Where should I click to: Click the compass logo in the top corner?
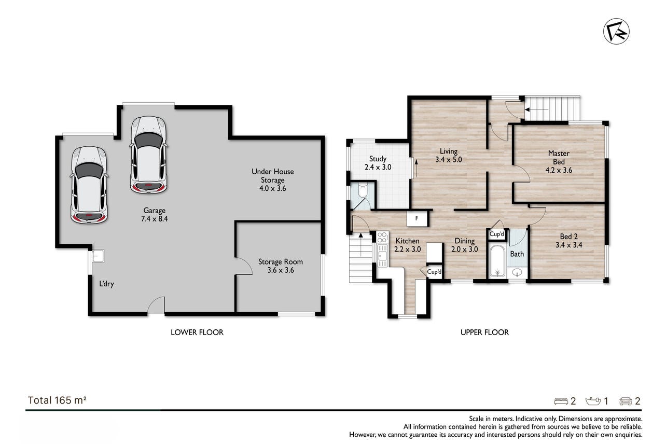tap(616, 31)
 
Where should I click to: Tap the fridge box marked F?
tap(417, 218)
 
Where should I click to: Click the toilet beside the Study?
tap(363, 190)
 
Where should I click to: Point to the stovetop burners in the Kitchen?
tap(382, 238)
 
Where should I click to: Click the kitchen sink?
tap(382, 256)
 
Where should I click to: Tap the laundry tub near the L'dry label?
tap(98, 256)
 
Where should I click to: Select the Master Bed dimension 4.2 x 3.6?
tap(559, 170)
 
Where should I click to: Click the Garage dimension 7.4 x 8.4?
tap(154, 219)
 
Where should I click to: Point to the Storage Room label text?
tap(281, 262)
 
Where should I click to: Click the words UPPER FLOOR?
tap(484, 332)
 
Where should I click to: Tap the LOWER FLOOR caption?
tap(197, 332)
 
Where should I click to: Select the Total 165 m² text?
tap(57, 400)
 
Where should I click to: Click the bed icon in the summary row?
tap(561, 401)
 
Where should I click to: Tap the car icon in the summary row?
tap(626, 401)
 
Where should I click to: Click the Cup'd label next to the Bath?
tap(496, 234)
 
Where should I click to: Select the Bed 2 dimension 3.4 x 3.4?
tap(569, 245)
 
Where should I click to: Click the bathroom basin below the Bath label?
tap(517, 272)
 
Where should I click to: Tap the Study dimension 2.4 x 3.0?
tap(378, 167)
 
